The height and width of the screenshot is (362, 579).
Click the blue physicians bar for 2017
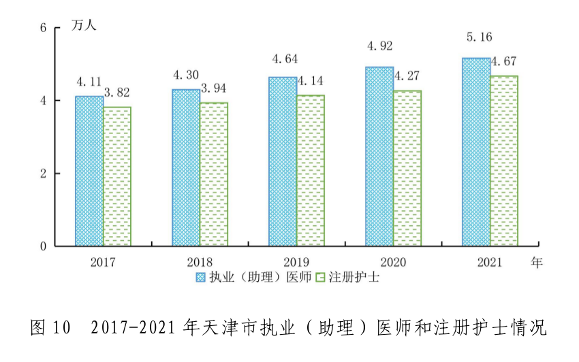(89, 171)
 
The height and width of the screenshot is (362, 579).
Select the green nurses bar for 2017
(117, 176)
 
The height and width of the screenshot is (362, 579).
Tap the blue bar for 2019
(282, 161)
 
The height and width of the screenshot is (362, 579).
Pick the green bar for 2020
(407, 168)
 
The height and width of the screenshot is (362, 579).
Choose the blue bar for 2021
(475, 152)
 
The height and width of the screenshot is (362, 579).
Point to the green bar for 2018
(213, 174)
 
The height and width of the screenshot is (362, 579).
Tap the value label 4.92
(379, 47)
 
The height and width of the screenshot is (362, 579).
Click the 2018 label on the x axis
(199, 263)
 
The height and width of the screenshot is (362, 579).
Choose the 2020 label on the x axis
(392, 263)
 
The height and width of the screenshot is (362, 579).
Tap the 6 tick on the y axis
(42, 28)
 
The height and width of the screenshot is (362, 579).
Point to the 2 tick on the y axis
(42, 174)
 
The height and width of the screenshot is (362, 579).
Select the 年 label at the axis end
(537, 263)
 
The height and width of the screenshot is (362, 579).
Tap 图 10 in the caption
(51, 327)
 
